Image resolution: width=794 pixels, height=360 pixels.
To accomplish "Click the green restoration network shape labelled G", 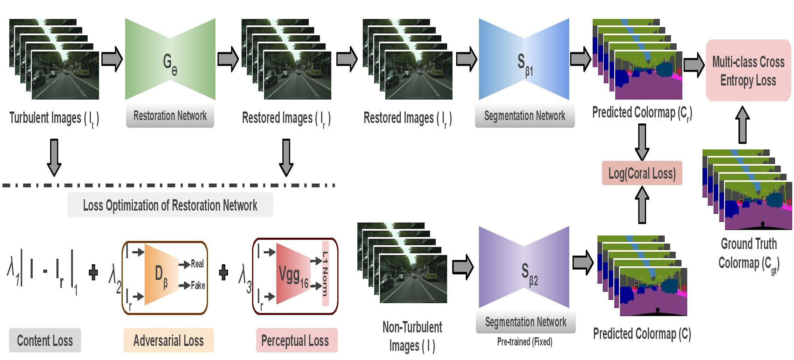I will click(x=170, y=59).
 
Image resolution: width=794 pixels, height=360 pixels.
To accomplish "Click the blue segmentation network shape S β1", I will click(x=524, y=59).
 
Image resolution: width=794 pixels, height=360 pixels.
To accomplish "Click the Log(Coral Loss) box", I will click(x=642, y=173).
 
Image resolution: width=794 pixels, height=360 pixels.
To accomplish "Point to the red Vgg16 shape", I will click(x=293, y=274).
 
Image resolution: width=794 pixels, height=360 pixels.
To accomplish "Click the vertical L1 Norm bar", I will click(x=325, y=274).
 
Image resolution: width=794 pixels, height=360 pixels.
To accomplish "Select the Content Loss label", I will click(x=45, y=340).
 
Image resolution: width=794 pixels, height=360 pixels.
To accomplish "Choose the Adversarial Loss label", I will click(x=169, y=340).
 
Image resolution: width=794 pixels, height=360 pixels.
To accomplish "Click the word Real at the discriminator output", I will click(x=197, y=264).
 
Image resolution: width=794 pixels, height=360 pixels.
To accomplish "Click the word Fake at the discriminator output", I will click(x=198, y=285).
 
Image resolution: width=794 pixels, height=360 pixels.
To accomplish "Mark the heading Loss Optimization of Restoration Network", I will click(x=170, y=205).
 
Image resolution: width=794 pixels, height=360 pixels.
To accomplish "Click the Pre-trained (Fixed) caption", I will click(x=525, y=341).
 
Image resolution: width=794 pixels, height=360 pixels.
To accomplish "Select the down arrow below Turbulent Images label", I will click(x=54, y=157).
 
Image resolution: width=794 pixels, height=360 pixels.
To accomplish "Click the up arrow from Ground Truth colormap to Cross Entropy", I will click(x=742, y=125).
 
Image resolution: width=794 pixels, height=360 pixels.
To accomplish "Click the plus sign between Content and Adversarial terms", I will click(x=93, y=272).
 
